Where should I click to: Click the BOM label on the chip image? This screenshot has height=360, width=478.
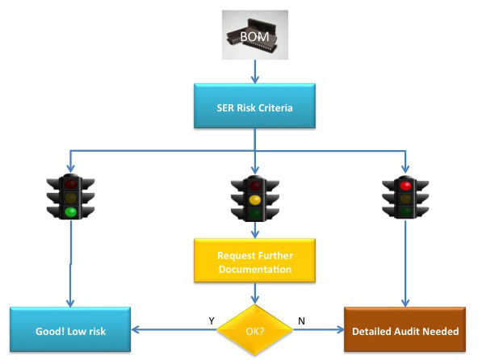pyautogui.click(x=254, y=37)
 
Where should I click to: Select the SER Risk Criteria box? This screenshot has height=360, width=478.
pyautogui.click(x=254, y=106)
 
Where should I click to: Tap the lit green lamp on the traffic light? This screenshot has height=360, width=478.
pyautogui.click(x=71, y=211)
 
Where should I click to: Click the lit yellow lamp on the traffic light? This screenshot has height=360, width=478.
pyautogui.click(x=255, y=199)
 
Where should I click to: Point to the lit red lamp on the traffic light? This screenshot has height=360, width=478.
pyautogui.click(x=405, y=186)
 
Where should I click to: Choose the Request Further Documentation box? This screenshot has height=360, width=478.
pyautogui.click(x=254, y=261)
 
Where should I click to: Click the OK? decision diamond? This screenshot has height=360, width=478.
pyautogui.click(x=255, y=330)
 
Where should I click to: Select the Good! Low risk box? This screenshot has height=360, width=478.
pyautogui.click(x=70, y=329)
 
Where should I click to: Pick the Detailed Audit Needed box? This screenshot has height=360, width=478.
pyautogui.click(x=405, y=329)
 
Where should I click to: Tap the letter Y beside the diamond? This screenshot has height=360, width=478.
pyautogui.click(x=212, y=320)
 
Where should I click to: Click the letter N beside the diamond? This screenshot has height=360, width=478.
pyautogui.click(x=301, y=321)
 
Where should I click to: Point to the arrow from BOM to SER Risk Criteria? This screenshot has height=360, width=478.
pyautogui.click(x=255, y=72)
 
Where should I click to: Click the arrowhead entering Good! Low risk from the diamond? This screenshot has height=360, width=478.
pyautogui.click(x=136, y=329)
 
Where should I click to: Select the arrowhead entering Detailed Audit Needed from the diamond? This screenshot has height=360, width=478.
pyautogui.click(x=340, y=329)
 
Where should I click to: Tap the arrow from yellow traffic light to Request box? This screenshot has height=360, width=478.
pyautogui.click(x=255, y=230)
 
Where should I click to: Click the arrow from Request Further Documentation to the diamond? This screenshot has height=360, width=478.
pyautogui.click(x=255, y=293)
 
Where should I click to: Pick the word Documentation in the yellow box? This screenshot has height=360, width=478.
pyautogui.click(x=255, y=269)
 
